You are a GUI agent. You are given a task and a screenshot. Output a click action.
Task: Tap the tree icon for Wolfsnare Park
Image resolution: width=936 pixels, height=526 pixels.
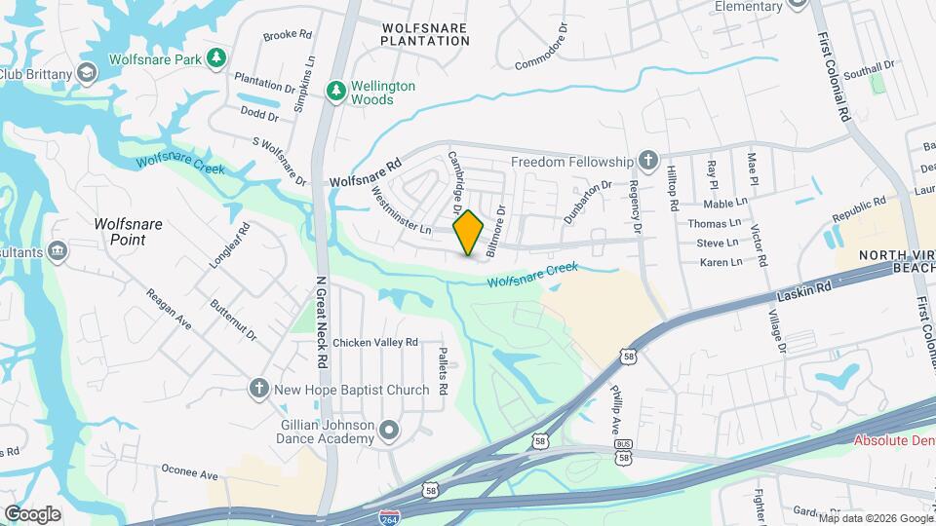215,59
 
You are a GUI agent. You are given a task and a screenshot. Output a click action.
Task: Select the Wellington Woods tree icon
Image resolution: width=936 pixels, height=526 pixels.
336,92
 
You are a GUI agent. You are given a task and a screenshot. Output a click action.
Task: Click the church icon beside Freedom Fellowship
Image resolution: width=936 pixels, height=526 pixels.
647,161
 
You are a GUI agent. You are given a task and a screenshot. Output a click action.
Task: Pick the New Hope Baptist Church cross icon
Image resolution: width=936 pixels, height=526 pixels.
259,390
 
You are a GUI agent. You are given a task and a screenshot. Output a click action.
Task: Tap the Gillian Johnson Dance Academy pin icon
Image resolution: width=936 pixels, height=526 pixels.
389,430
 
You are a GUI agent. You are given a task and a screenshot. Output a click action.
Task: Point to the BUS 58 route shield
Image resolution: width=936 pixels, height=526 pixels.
624,450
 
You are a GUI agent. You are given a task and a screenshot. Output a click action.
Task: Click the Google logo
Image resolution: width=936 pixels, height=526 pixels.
32,513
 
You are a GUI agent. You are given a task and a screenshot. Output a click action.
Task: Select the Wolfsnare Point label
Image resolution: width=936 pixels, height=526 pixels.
128,232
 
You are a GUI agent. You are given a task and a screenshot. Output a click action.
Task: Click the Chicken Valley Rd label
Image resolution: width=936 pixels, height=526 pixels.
374,343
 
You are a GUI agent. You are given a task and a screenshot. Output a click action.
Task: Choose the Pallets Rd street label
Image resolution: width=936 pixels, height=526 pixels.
442,371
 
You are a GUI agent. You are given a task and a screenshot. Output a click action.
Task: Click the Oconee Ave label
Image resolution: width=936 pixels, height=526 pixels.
189,473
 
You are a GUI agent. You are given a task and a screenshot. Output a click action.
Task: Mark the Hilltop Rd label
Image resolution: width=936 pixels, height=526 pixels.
672,188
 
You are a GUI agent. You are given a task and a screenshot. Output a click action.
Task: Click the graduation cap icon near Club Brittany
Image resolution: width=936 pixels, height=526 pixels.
86,73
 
